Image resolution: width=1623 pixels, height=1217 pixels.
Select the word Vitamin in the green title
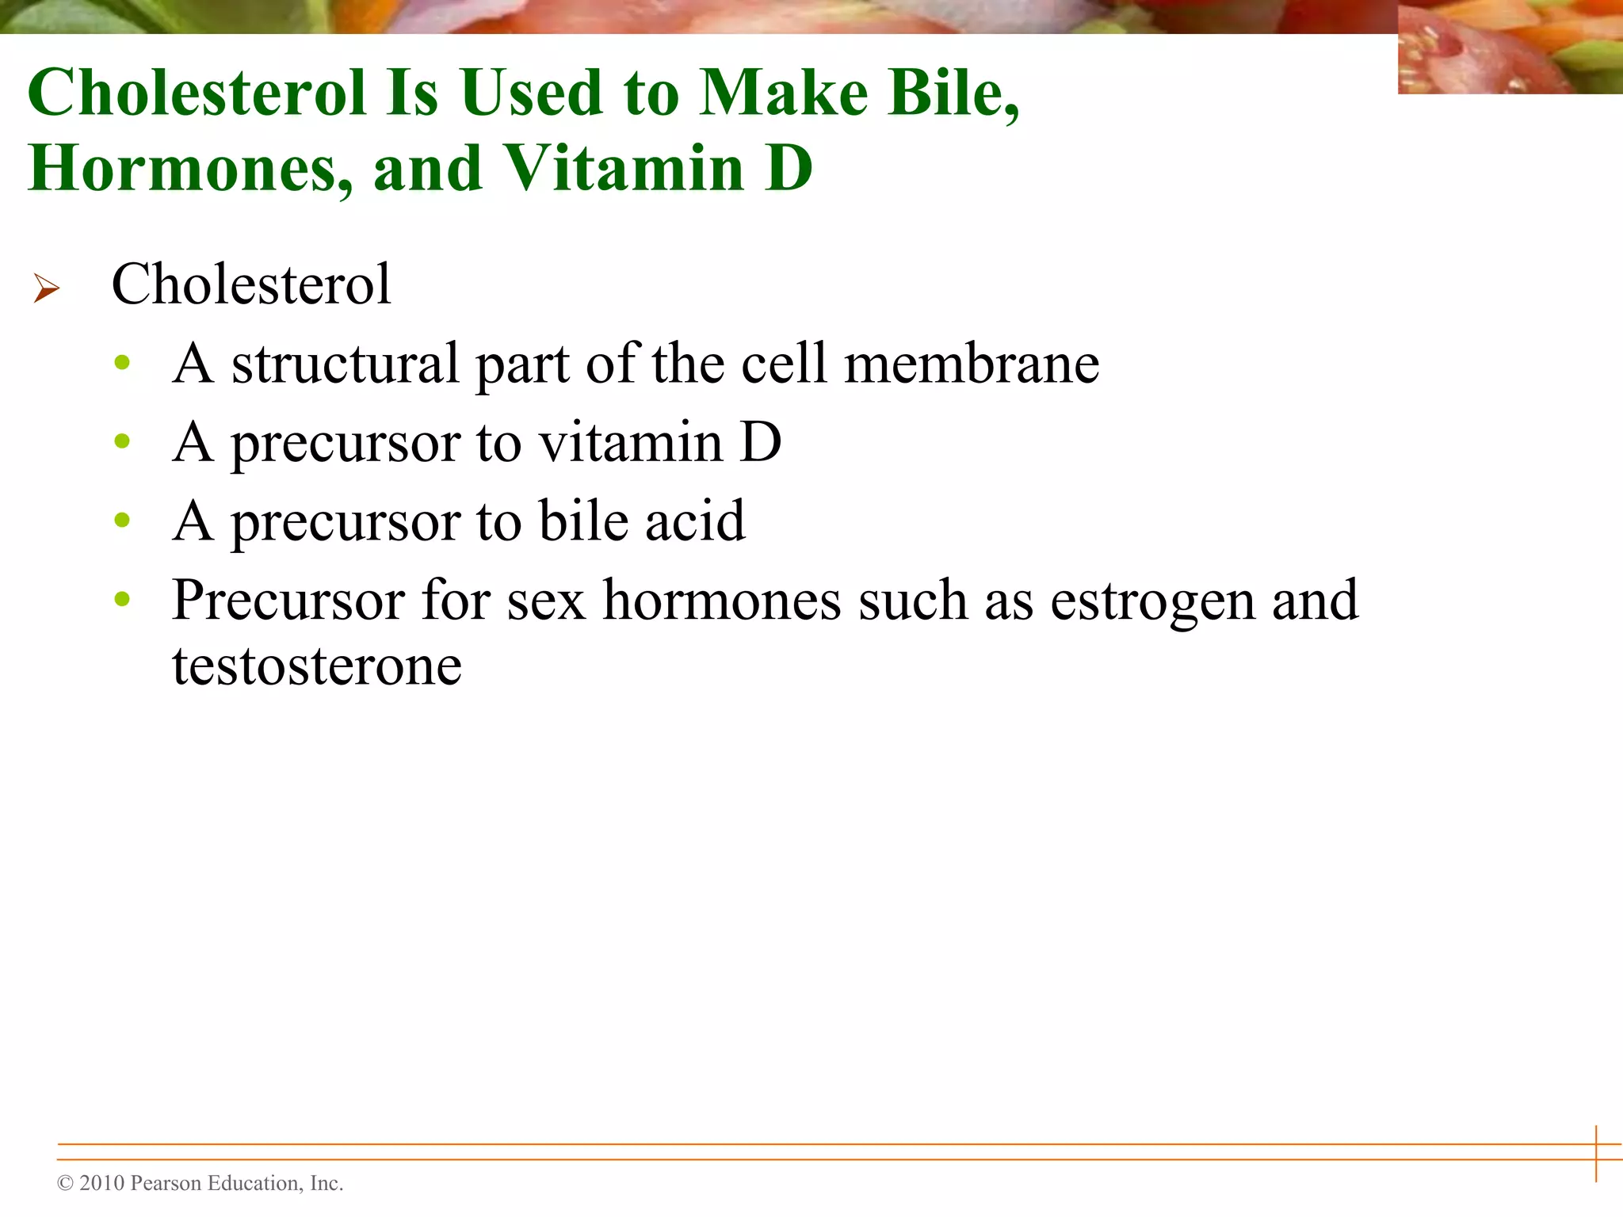click(x=624, y=169)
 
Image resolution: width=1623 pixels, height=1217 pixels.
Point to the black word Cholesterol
click(x=250, y=284)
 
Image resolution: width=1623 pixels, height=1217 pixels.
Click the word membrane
click(x=972, y=364)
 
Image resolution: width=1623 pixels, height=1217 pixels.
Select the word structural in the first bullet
click(x=346, y=364)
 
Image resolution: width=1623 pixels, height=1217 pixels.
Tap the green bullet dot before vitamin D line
click(x=122, y=441)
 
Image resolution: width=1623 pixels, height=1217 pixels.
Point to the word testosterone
click(x=317, y=666)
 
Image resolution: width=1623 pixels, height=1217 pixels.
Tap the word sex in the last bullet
click(x=546, y=601)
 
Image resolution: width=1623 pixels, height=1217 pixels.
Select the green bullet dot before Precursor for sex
click(x=122, y=599)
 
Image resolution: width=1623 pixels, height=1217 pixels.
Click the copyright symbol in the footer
click(x=65, y=1184)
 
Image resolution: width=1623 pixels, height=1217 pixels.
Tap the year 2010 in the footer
click(x=102, y=1184)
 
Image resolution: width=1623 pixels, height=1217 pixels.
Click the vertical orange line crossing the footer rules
click(x=1596, y=1153)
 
